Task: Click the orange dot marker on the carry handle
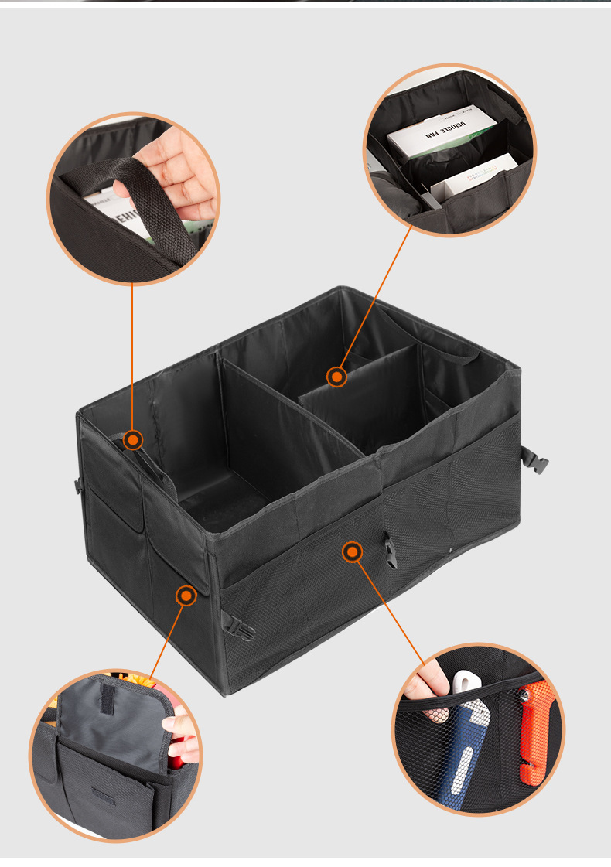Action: [133, 440]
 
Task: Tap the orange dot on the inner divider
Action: [336, 377]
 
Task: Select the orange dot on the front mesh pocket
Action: [352, 551]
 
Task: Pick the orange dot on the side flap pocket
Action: [186, 596]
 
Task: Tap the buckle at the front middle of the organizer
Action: [390, 550]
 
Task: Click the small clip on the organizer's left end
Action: [78, 486]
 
